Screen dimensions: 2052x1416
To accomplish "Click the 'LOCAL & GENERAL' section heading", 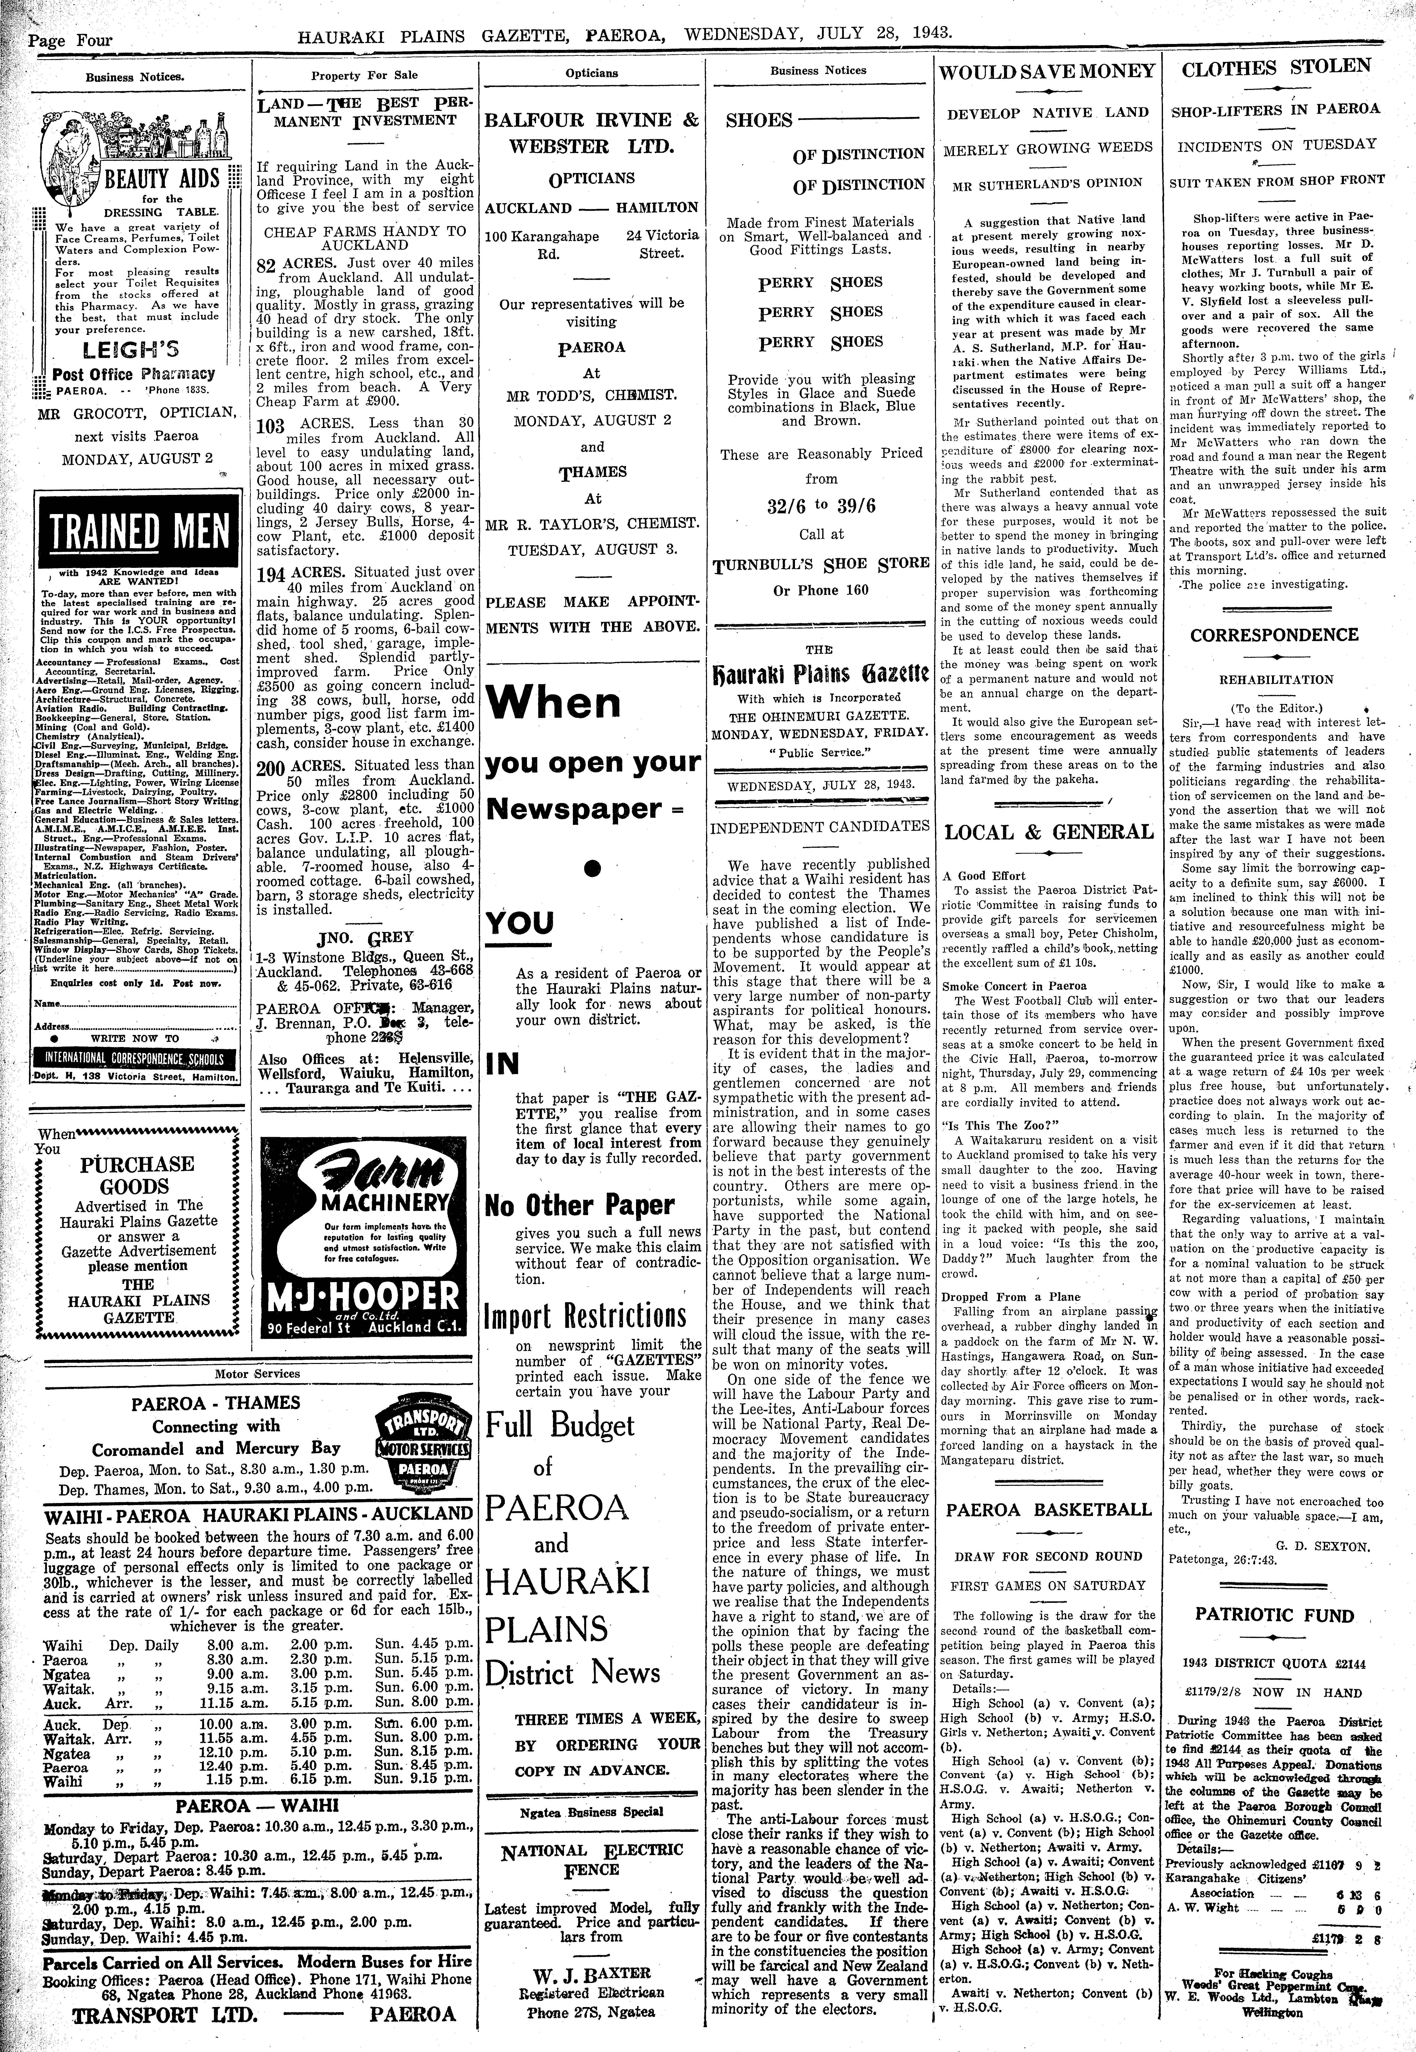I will tap(1048, 832).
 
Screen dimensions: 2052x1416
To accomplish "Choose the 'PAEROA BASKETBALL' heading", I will tap(1048, 1509).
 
